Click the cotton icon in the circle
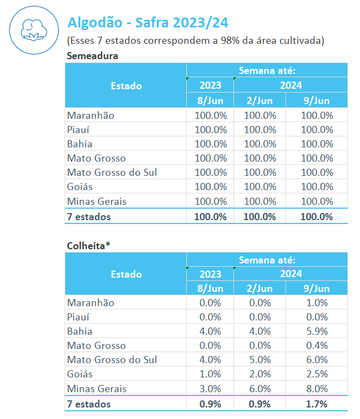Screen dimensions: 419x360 click(x=31, y=31)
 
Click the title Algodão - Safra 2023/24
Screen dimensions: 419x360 click(x=147, y=22)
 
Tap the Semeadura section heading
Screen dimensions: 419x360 click(x=92, y=55)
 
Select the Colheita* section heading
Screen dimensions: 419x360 click(x=88, y=245)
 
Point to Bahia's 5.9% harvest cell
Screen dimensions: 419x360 click(x=317, y=331)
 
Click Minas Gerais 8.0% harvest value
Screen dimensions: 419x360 click(x=317, y=389)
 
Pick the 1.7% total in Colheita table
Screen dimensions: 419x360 click(x=317, y=404)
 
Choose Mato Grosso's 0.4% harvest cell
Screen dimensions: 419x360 click(x=317, y=346)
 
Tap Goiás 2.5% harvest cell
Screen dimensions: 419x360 click(x=317, y=375)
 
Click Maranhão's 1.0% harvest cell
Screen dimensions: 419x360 click(x=317, y=302)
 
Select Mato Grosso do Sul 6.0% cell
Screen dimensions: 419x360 click(x=317, y=360)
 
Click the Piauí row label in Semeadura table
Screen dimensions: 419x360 click(x=79, y=130)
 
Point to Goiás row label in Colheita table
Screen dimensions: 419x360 click(x=79, y=375)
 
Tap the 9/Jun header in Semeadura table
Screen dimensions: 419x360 click(x=317, y=101)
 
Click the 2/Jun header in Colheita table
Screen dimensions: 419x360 click(x=259, y=289)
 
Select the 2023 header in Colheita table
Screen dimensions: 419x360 click(x=210, y=274)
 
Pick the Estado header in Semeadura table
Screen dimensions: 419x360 click(x=126, y=86)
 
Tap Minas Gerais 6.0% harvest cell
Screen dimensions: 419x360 click(x=259, y=389)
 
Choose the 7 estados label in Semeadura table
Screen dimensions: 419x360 click(x=88, y=216)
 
